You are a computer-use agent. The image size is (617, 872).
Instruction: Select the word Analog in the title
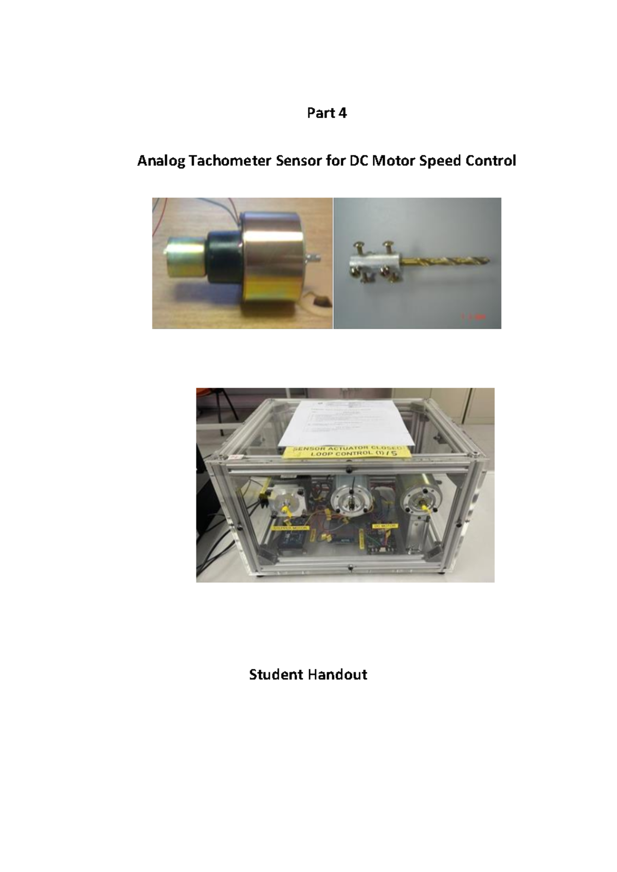(161, 161)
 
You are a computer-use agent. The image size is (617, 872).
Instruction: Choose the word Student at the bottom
(275, 675)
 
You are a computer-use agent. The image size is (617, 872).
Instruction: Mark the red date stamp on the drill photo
(479, 318)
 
